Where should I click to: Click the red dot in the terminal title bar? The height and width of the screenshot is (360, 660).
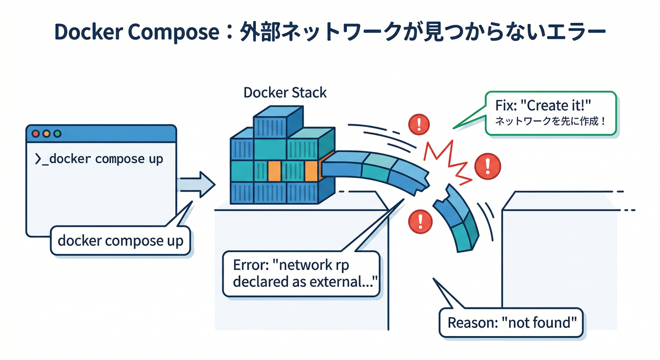[35, 134]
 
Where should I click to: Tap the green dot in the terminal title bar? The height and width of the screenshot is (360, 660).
[57, 134]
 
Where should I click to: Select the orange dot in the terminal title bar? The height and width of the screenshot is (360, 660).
[46, 134]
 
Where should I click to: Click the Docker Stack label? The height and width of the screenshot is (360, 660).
[285, 92]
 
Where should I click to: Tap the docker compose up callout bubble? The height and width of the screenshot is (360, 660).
[120, 241]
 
